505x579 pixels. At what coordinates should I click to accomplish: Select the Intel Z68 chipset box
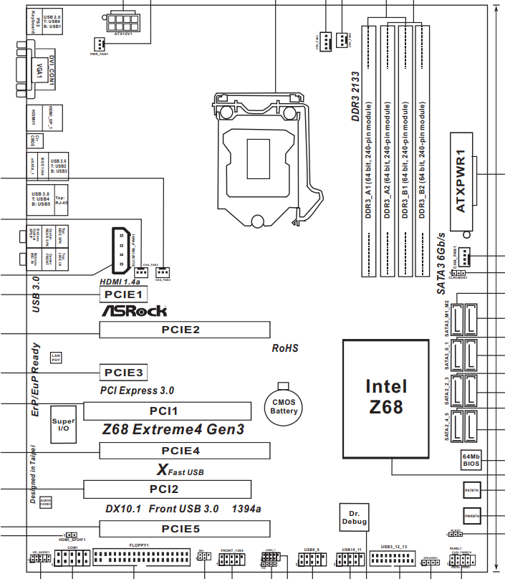point(385,397)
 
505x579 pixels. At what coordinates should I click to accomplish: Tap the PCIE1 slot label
point(123,294)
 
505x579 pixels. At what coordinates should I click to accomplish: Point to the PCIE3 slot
point(123,373)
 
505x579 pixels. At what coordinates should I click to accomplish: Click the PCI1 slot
point(168,411)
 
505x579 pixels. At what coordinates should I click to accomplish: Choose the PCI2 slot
point(168,489)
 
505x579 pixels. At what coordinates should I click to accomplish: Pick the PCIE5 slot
point(184,530)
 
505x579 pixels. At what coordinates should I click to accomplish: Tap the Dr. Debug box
point(354,517)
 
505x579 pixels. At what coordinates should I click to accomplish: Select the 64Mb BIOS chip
point(471,460)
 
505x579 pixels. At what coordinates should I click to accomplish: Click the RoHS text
point(284,349)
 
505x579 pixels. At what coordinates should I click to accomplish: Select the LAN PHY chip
point(56,357)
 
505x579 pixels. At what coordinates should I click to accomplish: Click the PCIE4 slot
point(184,451)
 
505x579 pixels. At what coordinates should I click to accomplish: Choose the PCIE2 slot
point(184,330)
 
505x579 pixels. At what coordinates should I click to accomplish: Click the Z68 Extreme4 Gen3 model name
point(173,430)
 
